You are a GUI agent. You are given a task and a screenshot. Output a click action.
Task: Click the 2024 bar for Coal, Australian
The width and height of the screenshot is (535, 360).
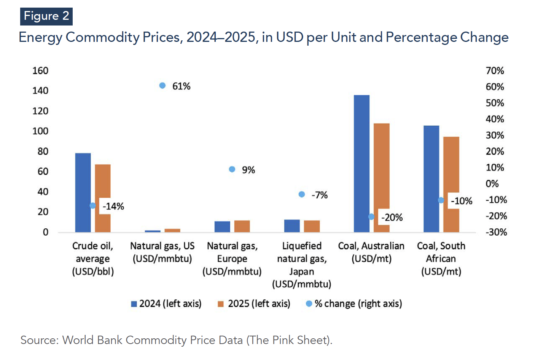[x=361, y=164]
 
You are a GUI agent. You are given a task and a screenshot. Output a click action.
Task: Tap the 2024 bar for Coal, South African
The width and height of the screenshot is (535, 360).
[x=431, y=179]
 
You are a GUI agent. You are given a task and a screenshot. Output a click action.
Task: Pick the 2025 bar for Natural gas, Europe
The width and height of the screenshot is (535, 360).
[x=242, y=226]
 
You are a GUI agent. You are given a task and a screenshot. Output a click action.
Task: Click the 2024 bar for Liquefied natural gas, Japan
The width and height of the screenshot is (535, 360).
[x=292, y=226]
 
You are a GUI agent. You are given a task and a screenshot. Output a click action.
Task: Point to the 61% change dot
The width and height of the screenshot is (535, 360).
[x=162, y=86]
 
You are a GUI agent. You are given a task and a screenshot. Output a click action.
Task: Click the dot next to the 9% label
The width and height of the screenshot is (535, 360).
[x=232, y=169]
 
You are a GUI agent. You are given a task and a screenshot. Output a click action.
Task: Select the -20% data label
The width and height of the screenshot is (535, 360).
[x=392, y=217]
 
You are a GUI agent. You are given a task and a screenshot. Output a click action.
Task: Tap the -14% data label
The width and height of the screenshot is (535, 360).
[x=113, y=206]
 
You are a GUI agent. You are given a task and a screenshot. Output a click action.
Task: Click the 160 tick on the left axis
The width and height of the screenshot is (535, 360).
[x=40, y=71]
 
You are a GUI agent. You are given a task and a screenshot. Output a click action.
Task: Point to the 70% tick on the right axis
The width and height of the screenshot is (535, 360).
[x=495, y=71]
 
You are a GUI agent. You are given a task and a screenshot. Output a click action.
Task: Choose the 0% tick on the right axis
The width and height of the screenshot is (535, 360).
[x=492, y=184]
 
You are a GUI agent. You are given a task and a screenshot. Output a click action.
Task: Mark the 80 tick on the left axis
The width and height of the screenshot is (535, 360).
[x=43, y=151]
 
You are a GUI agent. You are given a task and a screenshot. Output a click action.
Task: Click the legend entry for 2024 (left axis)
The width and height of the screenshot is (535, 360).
[x=166, y=304]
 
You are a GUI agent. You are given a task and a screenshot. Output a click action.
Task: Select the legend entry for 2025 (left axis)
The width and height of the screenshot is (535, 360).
[x=254, y=304]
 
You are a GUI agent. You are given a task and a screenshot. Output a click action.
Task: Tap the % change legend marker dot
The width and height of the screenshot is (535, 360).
[x=309, y=304]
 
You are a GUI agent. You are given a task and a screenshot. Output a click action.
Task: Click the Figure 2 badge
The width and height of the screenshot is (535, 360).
[x=46, y=16]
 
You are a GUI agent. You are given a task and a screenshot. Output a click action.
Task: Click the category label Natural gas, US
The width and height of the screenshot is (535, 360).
[x=162, y=252]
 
